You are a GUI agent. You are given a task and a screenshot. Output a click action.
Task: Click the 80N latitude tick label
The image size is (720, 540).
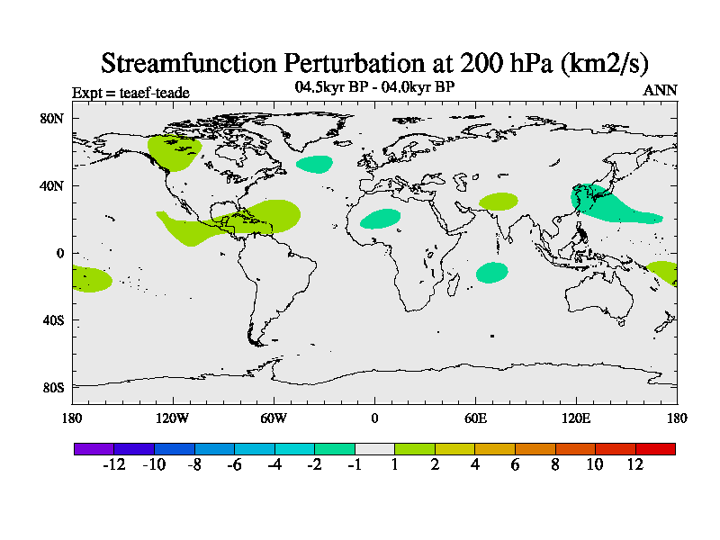click(53, 119)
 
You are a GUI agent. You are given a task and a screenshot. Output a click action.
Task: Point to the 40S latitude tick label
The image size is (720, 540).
click(53, 320)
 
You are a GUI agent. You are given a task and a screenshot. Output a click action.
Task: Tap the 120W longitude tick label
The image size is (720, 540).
click(173, 418)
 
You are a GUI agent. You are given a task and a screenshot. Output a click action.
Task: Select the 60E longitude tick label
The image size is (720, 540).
click(475, 418)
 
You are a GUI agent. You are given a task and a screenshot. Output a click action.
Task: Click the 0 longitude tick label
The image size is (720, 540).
click(374, 418)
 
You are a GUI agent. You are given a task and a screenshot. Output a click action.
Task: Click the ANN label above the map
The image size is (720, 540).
click(660, 90)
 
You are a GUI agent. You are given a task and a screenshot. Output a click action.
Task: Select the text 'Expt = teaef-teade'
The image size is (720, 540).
click(130, 92)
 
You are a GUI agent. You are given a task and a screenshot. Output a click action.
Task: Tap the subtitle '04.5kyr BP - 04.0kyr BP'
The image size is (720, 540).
click(374, 87)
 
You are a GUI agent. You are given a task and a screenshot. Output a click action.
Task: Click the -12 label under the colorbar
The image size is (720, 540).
click(113, 464)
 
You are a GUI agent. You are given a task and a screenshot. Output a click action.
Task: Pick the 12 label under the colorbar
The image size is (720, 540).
click(635, 464)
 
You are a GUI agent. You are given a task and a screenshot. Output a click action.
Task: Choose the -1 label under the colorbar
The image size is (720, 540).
click(355, 464)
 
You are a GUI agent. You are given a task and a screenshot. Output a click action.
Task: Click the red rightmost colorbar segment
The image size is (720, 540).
click(655, 448)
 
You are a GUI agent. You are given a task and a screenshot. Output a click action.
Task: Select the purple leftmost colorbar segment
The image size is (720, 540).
click(94, 448)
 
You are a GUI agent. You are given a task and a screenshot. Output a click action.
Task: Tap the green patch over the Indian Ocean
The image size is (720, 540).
click(492, 273)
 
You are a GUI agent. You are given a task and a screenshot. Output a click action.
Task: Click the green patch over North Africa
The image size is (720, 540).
click(381, 219)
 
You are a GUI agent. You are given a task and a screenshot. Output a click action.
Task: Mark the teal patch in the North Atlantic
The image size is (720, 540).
click(315, 164)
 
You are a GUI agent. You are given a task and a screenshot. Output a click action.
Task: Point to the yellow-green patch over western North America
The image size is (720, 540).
click(174, 152)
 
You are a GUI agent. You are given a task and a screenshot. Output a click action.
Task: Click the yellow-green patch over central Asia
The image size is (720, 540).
click(499, 202)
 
